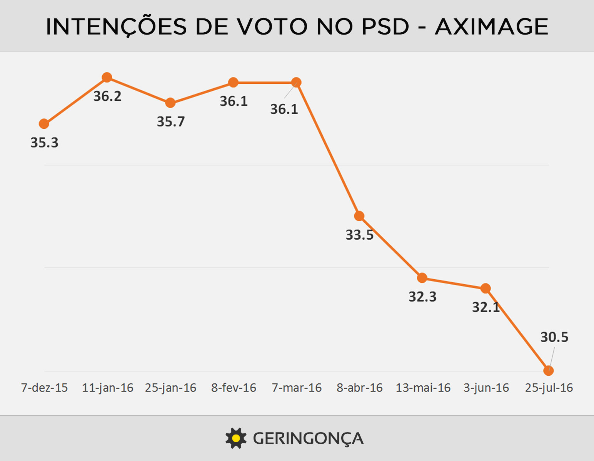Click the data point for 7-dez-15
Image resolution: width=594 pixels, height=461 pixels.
44,124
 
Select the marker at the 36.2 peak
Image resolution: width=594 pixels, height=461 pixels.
107,77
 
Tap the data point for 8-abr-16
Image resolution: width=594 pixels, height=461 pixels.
359,216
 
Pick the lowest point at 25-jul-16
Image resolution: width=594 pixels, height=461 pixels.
549,370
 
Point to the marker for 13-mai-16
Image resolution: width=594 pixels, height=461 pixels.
422,277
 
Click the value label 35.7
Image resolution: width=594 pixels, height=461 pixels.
170,122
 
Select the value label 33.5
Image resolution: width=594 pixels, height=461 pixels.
359,235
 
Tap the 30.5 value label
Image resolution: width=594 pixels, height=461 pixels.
554,337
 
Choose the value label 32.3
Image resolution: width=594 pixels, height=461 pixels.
422,297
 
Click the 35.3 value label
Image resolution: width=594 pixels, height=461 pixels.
44,143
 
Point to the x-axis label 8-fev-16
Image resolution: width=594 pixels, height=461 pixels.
234,388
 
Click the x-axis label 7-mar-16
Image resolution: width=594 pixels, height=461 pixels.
297,388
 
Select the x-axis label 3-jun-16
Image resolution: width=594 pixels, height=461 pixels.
486,388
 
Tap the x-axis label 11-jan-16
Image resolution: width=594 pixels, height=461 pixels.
107,388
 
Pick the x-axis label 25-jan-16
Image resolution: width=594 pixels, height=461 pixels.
170,388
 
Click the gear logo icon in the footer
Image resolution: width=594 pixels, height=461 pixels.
235,438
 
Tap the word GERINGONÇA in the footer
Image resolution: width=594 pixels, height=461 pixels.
308,438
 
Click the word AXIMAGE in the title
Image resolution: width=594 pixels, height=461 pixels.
491,27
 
